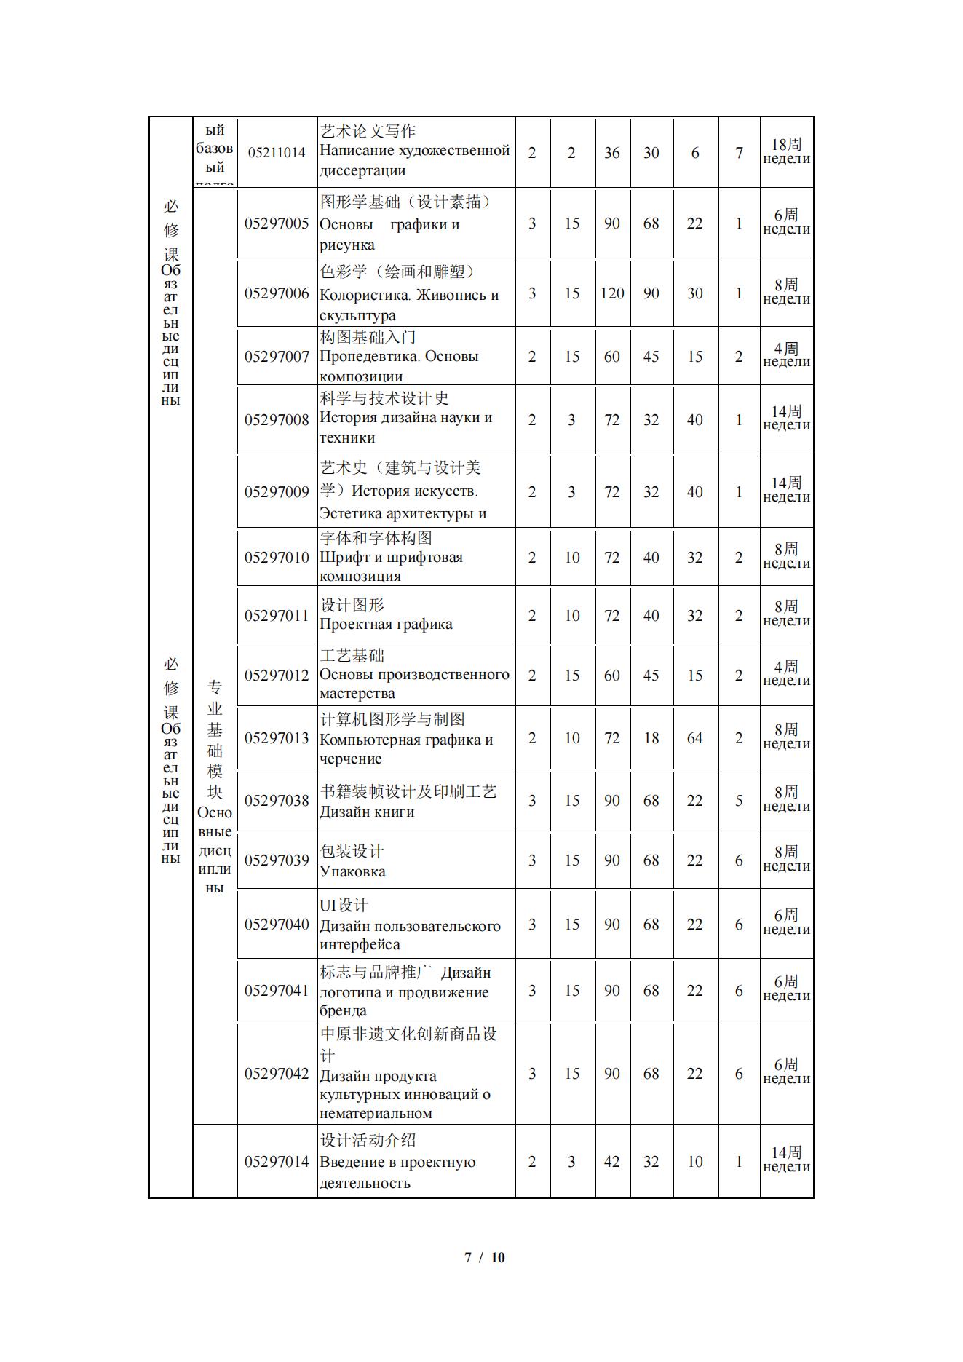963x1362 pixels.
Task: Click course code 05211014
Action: (x=277, y=153)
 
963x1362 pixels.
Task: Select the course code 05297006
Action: (x=277, y=293)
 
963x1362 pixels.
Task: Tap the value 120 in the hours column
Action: (x=612, y=293)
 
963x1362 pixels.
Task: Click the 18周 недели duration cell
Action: (x=786, y=151)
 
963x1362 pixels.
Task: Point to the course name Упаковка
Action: (x=352, y=871)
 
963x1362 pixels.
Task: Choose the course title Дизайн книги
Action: (x=367, y=812)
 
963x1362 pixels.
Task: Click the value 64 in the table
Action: (x=695, y=738)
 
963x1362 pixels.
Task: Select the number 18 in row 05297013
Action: (x=651, y=738)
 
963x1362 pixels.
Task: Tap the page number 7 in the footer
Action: (x=468, y=1257)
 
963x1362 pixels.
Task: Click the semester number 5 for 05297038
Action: (x=739, y=801)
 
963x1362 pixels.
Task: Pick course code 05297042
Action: (x=277, y=1074)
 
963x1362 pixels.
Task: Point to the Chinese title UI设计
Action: (x=344, y=905)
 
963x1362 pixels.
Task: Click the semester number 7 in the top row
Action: (x=739, y=153)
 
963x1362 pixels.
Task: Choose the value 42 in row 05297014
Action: (x=612, y=1162)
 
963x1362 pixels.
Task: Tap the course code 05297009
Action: (x=277, y=492)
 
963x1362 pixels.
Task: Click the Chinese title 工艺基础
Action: (x=352, y=655)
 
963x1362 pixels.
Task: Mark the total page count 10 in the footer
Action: (x=498, y=1257)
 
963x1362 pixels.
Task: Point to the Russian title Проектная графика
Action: (x=386, y=624)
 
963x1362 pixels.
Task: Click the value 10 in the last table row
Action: (x=695, y=1162)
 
